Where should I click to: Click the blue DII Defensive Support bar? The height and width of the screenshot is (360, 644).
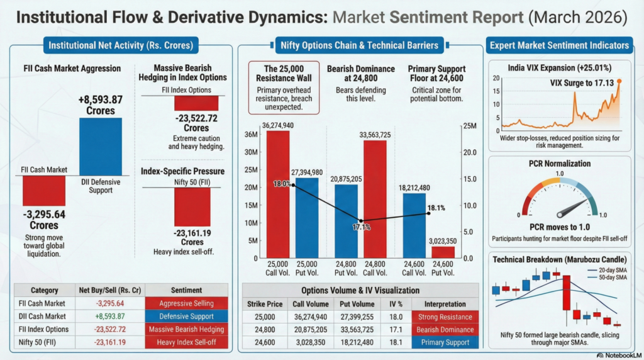tap(100, 146)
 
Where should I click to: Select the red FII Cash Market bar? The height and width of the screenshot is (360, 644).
tap(43, 191)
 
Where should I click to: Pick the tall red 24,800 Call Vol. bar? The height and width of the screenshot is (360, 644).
tap(375, 199)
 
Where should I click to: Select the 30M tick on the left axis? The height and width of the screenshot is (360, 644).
tap(250, 152)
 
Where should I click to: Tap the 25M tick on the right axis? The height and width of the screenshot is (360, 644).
tap(469, 126)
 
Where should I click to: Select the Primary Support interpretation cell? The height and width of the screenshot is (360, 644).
tap(445, 342)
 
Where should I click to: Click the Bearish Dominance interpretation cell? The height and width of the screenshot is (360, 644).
tap(445, 330)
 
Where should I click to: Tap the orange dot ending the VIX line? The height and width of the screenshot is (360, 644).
tap(619, 81)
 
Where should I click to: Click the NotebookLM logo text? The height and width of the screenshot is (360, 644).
tap(618, 355)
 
